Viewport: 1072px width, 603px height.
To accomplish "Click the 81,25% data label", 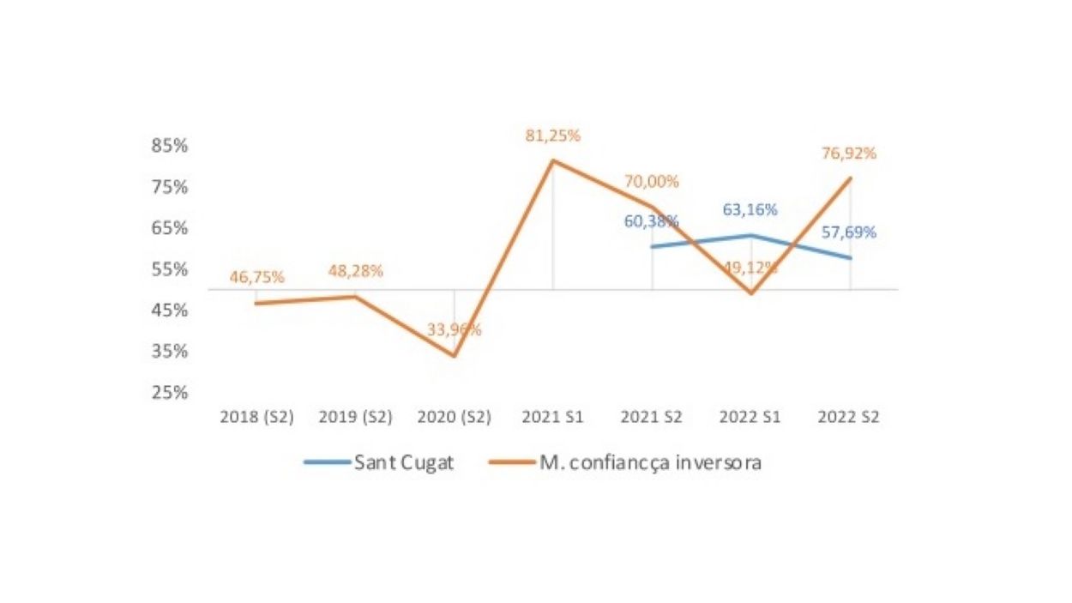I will pos(553,136).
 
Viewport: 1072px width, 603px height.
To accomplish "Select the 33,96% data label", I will pos(455,329).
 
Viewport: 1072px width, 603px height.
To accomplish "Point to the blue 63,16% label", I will pos(750,209).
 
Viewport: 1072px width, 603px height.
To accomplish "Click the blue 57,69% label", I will pos(848,232).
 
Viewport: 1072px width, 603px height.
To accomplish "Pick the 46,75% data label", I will pos(256,277).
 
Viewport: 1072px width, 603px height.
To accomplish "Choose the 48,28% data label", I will pos(355,271).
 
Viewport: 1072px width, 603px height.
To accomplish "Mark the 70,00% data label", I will pos(651,182).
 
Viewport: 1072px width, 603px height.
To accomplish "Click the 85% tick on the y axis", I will pos(170,146).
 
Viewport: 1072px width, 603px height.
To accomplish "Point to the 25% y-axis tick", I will pos(170,393).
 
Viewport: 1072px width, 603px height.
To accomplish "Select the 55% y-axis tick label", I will pos(170,269).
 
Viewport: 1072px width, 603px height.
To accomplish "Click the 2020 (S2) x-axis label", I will pos(455,418).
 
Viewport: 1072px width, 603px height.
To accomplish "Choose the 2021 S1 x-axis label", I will pos(553,418).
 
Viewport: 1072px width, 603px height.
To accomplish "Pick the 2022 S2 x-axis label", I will pos(849,418).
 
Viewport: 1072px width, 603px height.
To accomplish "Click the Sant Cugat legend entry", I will pos(379,463).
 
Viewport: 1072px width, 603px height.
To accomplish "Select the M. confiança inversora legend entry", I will pos(626,463).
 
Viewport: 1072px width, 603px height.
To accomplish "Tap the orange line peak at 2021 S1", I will pos(553,160).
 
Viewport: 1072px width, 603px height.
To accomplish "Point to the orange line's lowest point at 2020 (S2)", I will pos(455,356).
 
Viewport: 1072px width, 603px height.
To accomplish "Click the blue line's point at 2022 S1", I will pos(751,235).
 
